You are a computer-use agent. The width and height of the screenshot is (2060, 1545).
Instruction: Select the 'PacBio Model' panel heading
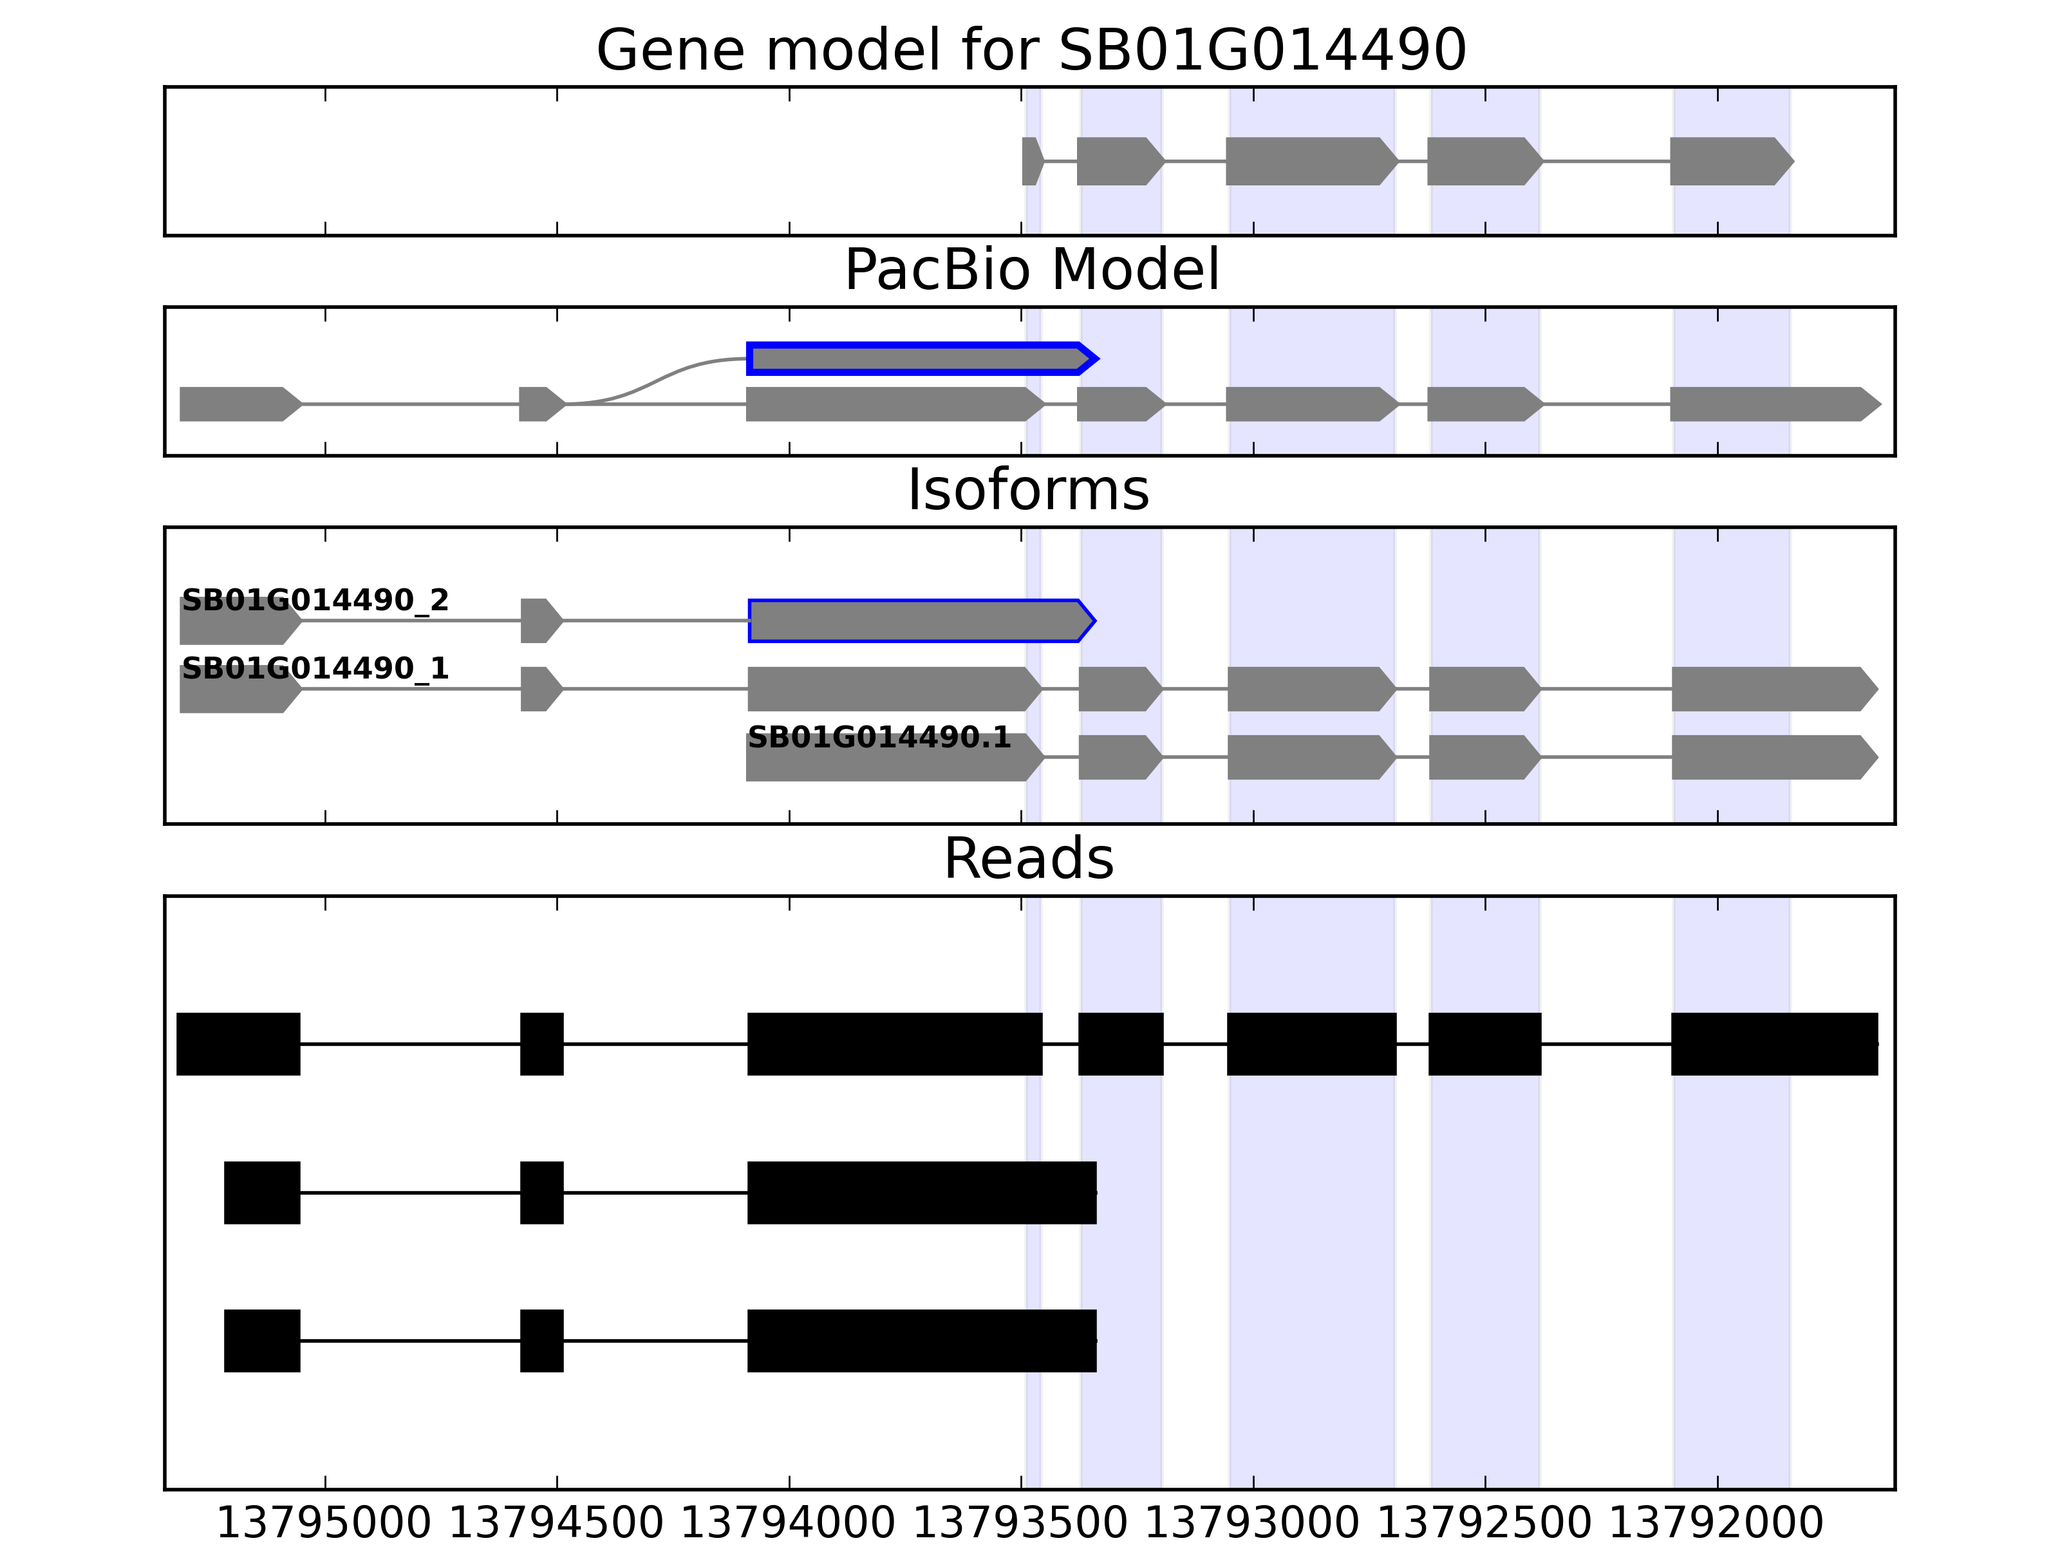(1031, 270)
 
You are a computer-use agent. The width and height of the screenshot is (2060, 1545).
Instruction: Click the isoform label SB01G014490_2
(315, 600)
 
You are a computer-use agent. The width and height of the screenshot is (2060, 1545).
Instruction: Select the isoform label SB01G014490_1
(315, 669)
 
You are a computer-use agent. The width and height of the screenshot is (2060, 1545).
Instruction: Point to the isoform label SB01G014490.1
(879, 738)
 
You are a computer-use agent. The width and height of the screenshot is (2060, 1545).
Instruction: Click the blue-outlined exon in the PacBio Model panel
(917, 359)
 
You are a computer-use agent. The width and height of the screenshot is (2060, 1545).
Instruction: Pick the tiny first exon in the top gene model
(1031, 161)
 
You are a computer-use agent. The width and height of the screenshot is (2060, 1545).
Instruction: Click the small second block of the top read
(541, 1044)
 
